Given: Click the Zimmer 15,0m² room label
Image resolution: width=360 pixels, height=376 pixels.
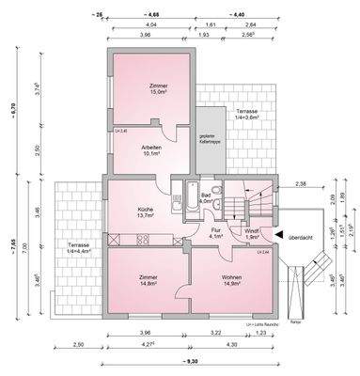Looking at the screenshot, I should click(156, 89).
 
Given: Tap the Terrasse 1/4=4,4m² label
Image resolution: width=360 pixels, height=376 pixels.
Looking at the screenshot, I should click(80, 250).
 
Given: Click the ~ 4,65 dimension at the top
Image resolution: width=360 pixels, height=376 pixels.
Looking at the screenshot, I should click(151, 16).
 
